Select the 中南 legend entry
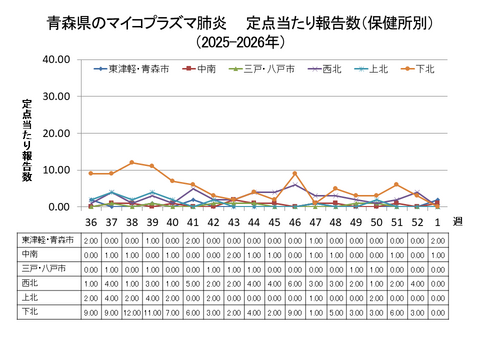pos(207,69)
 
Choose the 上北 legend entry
pos(378,69)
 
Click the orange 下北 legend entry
pos(425,69)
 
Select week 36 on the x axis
pos(91,222)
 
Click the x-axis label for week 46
pos(294,222)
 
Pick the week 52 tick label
pos(416,222)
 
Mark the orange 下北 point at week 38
pos(131,163)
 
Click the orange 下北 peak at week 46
pos(294,174)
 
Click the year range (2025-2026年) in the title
pos(240,42)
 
